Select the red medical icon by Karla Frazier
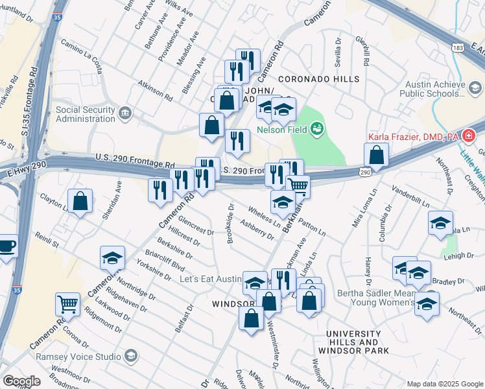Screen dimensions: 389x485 point(469,137)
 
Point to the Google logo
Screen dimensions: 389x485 point(21,381)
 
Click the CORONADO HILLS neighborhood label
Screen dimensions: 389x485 point(318,79)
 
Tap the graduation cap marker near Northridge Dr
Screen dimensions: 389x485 point(112,259)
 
